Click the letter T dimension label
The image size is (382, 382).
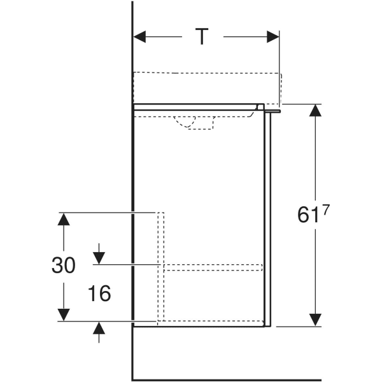pos(202,36)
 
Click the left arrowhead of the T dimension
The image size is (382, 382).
pos(139,37)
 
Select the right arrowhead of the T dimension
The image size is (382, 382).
pos(273,37)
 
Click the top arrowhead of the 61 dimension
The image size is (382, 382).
pos(316,110)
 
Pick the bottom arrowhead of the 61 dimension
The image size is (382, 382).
pos(316,320)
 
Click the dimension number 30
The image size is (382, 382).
pos(63,265)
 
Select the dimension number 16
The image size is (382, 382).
pos(99,294)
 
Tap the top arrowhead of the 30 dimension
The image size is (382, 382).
pos(64,219)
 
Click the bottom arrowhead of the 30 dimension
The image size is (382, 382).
pos(64,315)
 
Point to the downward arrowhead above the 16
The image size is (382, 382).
pos(99,258)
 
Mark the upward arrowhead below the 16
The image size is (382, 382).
pos(99,328)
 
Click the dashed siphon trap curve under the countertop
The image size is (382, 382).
pos(185,124)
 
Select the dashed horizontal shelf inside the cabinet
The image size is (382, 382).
pos(213,267)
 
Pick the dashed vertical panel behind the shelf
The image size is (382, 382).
pos(160,267)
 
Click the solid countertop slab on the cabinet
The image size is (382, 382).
pos(199,107)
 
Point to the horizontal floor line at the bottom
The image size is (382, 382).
pos(227,380)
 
